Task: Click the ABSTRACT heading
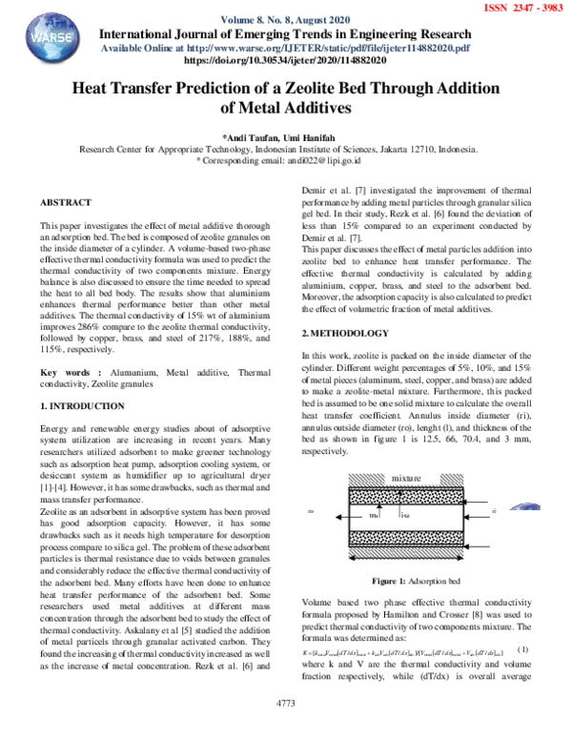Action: [66, 203]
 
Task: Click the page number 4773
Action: [285, 730]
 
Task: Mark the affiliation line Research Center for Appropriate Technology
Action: [277, 150]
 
